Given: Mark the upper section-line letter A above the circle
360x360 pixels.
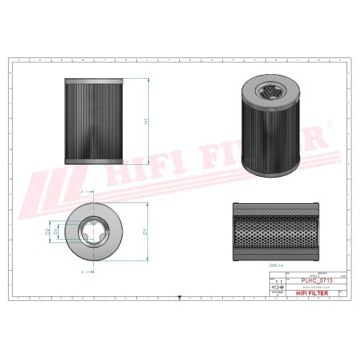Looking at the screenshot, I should tap(83, 193).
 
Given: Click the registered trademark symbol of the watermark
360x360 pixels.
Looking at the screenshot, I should tap(326, 125).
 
